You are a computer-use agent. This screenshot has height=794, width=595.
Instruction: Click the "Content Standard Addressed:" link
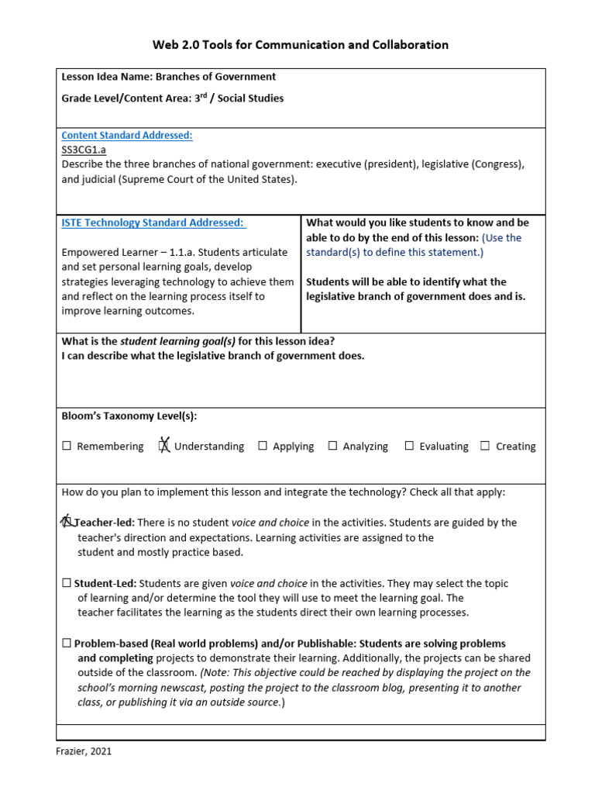tap(127, 135)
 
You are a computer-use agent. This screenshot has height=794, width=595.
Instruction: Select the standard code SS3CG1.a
tap(84, 150)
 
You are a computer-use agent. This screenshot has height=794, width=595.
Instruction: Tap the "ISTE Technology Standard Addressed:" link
tap(153, 223)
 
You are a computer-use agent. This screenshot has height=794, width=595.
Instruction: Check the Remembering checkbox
tap(67, 446)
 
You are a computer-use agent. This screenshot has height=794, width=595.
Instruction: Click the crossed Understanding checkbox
tap(164, 446)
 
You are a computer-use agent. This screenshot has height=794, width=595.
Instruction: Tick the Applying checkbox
tap(263, 446)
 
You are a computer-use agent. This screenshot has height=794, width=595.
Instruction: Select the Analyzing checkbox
tap(332, 446)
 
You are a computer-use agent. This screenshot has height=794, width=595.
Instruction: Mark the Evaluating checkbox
tap(409, 446)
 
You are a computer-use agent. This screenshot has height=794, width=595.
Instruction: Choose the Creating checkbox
tap(485, 446)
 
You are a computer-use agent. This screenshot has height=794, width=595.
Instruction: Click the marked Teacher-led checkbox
tap(67, 522)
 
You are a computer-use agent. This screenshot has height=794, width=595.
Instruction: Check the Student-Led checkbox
tap(67, 583)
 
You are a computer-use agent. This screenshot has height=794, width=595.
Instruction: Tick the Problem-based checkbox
tap(67, 644)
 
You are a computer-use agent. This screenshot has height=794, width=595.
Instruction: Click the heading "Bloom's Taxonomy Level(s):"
tap(129, 416)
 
